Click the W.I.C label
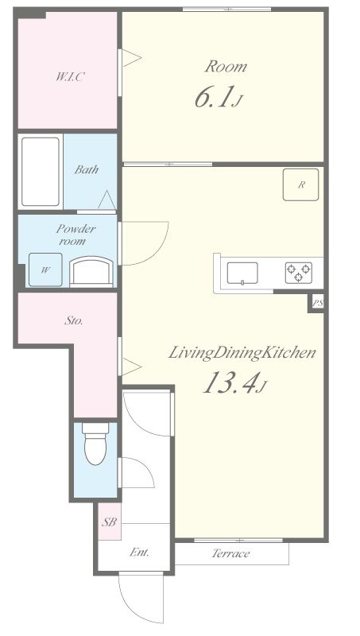pos(70,76)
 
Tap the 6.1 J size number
pos(218,97)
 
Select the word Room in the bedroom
pos(226,66)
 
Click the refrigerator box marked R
pos(301,185)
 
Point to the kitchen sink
pos(242,273)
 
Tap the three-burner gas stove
pos(299,273)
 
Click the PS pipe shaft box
pos(317,303)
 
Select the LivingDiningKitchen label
pos(242,353)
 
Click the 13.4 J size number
pos(234,383)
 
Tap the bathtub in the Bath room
pos(41,172)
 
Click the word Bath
pos(87,169)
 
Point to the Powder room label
pos(75,235)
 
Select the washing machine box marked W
pos(45,270)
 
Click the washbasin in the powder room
pos(91,272)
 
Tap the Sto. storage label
pos(74,321)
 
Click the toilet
pos(95,444)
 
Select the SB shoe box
pos(109,522)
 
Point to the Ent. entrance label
pos(139,552)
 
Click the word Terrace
pos(230,553)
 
